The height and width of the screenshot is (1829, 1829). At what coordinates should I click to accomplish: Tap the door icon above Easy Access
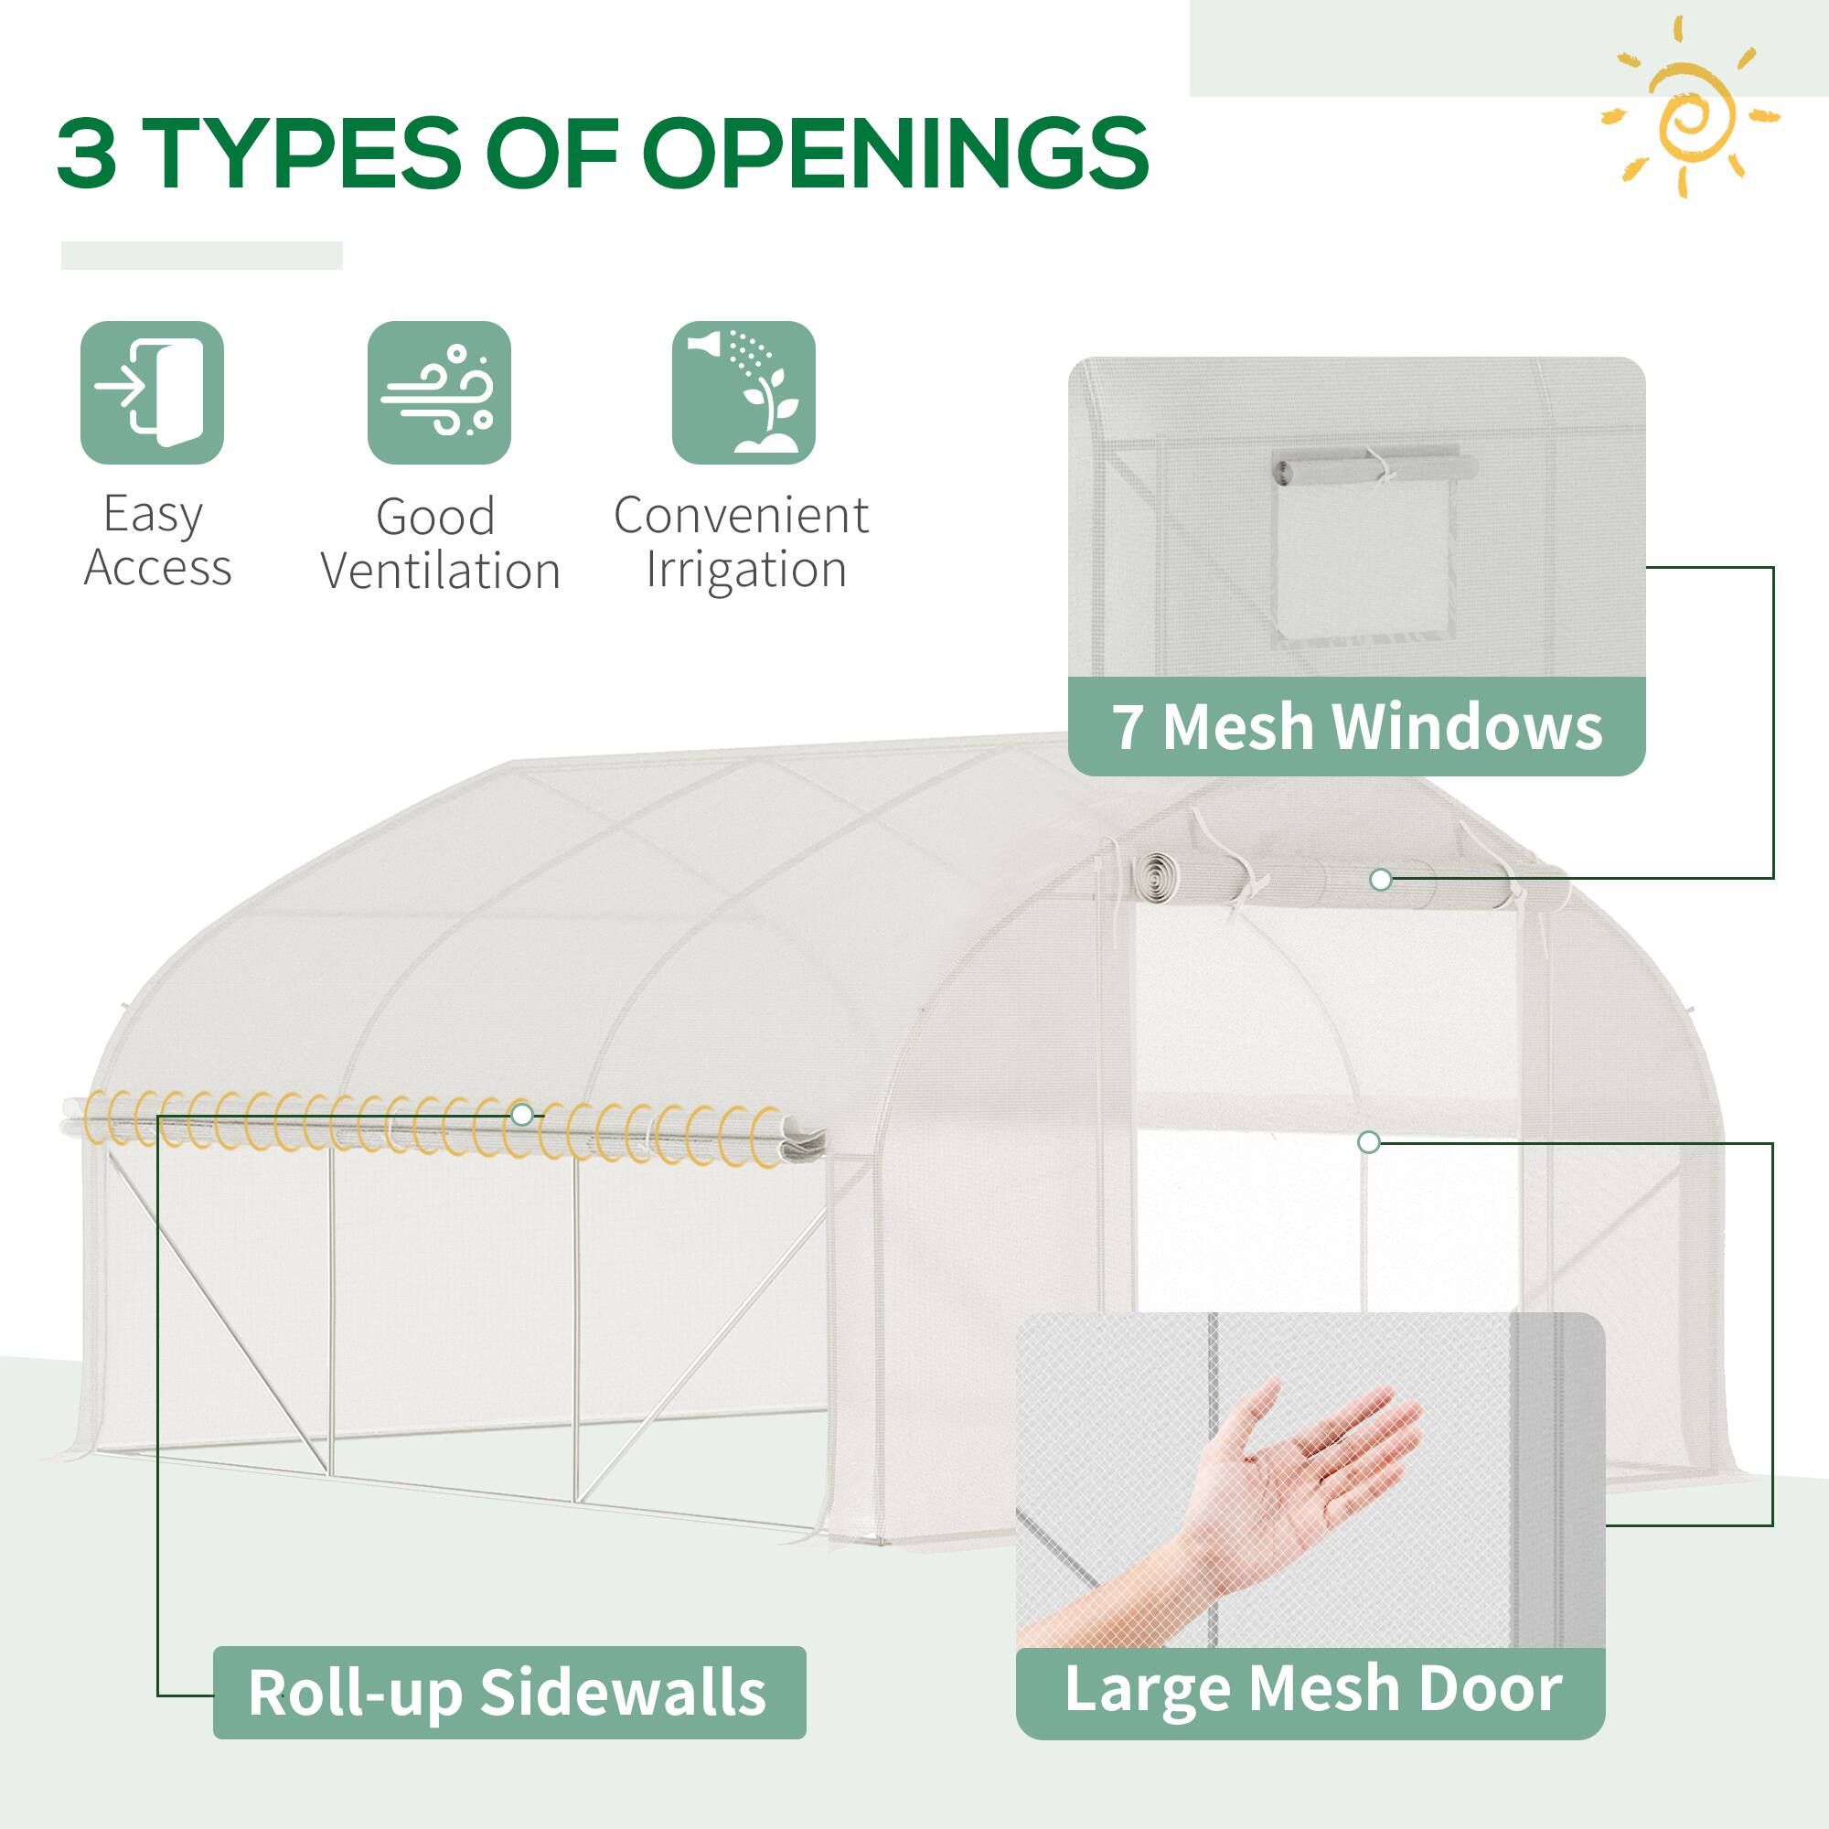pos(153,393)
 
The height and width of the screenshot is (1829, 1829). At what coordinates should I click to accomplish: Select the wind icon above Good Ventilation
pos(439,393)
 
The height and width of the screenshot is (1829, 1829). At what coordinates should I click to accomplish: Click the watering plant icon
pos(744,393)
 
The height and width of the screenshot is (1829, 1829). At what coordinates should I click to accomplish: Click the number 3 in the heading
pos(87,152)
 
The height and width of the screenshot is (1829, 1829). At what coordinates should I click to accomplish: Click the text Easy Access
pos(156,541)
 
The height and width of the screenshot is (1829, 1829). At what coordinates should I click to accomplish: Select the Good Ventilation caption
pos(440,544)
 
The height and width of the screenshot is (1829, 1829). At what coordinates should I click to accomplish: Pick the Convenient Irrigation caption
pos(743,542)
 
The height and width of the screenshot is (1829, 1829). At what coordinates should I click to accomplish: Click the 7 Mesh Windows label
pos(1356,727)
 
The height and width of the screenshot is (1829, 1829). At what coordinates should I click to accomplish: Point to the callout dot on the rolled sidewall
pos(521,1114)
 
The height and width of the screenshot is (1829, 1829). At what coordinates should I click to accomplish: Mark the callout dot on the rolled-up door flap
pos(1380,880)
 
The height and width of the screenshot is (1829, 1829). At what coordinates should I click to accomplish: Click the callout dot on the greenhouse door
pos(1368,1142)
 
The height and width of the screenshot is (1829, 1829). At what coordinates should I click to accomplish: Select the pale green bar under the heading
pos(201,256)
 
